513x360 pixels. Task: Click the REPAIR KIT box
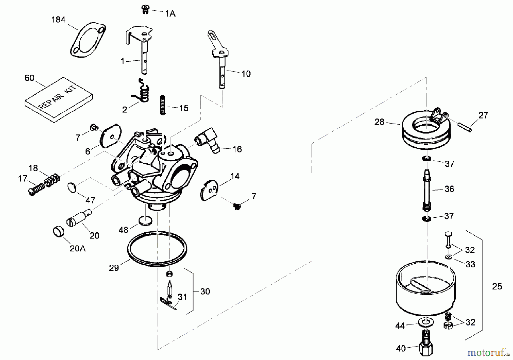[x=59, y=100]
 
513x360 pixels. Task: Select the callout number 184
[x=58, y=20]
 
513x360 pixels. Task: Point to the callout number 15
[x=184, y=108]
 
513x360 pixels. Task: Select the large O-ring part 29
[x=157, y=249]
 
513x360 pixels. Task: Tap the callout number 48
[x=123, y=230]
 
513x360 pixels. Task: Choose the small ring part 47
[x=72, y=188]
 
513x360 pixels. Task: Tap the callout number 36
[x=449, y=189]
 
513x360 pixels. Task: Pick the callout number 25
[x=497, y=286]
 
